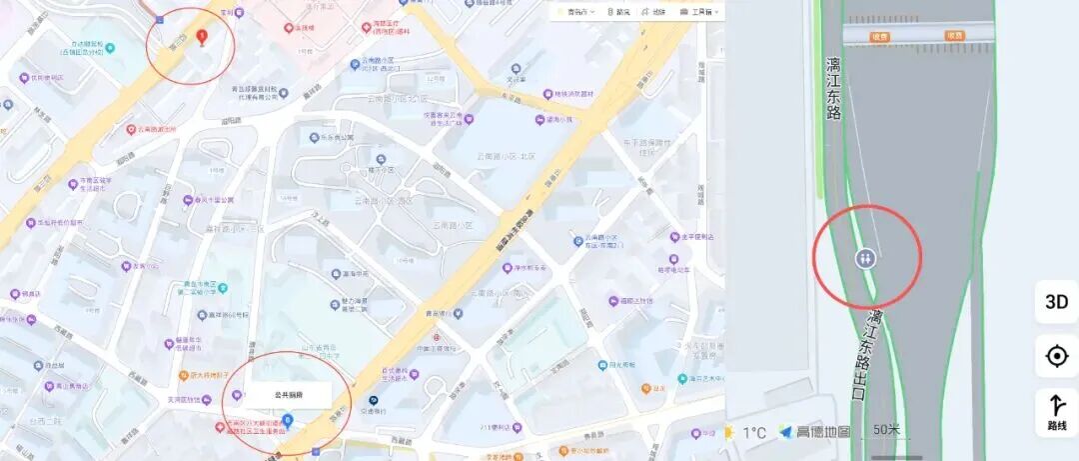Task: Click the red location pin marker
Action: [203, 38]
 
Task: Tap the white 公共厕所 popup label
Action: [288, 395]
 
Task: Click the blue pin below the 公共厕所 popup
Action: [288, 420]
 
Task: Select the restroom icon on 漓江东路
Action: [865, 257]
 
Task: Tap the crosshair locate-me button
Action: [1056, 355]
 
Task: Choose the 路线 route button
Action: [1056, 412]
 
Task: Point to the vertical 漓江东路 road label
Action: [833, 89]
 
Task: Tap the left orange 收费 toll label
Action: [879, 36]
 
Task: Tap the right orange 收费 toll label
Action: [954, 36]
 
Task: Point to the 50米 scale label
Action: [886, 431]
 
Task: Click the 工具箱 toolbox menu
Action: [698, 12]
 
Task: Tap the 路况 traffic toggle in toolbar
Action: [618, 12]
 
